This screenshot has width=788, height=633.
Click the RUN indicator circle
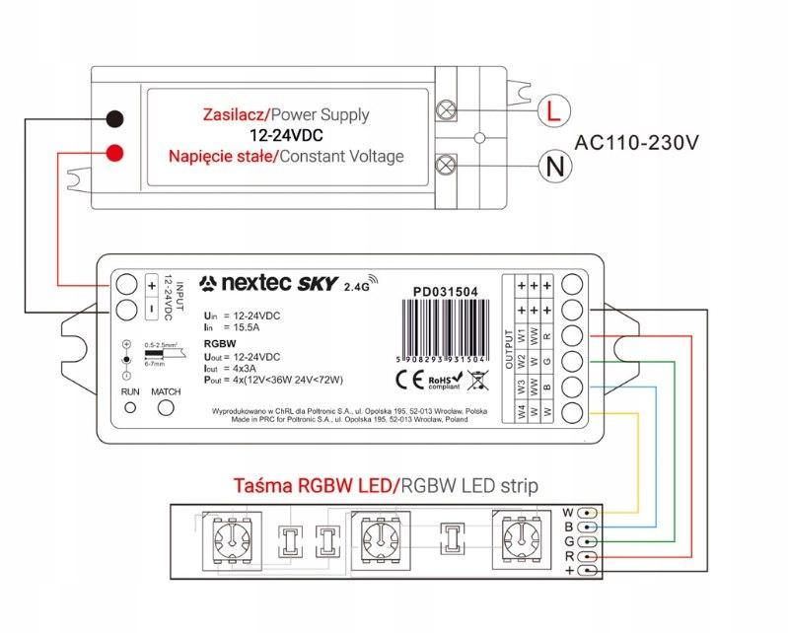130,410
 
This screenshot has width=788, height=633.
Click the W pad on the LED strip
589,513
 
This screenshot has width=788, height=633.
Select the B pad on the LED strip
589,527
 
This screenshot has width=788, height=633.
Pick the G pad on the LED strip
589,541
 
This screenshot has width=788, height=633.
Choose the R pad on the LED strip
589,556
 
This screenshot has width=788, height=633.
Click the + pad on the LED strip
589,571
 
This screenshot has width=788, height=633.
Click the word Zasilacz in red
234,115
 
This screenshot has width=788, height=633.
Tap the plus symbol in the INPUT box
152,285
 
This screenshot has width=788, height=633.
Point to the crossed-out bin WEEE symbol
476,378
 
